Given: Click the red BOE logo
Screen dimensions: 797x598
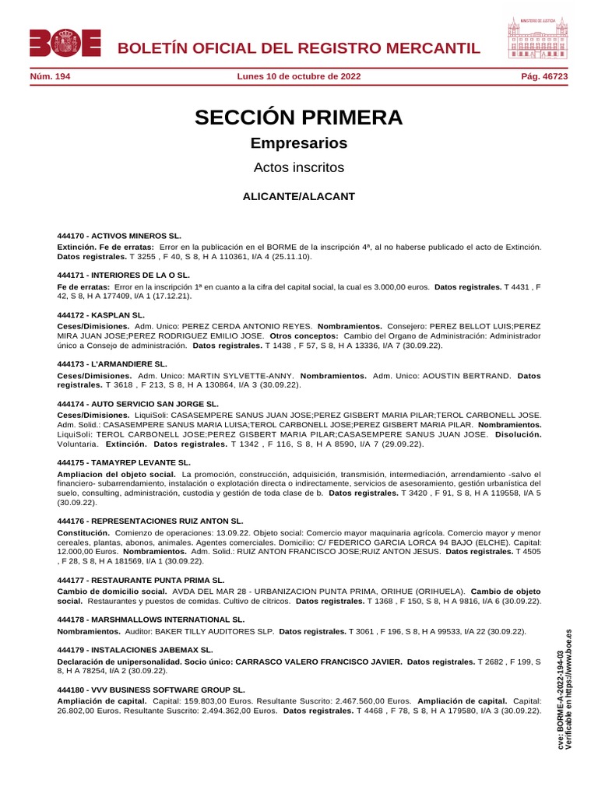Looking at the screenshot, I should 65,43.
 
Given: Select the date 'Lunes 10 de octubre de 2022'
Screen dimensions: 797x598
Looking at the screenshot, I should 298,77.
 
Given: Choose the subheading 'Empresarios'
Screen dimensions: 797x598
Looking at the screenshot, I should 299,143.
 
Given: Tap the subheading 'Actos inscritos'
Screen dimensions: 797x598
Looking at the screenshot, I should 299,167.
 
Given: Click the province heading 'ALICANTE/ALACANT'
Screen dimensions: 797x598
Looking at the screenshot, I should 299,196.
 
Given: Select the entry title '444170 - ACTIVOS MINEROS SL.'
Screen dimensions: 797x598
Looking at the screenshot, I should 119,235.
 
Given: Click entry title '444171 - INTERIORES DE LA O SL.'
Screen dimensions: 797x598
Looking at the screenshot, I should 124,276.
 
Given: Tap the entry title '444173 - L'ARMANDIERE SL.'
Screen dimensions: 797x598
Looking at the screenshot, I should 112,363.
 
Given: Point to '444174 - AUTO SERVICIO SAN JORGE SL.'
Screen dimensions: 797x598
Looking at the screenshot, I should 138,405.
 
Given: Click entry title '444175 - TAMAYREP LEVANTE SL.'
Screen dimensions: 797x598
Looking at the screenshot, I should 124,462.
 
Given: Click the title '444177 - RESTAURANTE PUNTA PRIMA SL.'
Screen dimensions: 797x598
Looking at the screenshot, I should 141,580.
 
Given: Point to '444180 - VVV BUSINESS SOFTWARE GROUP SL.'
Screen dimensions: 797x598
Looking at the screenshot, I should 151,690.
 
